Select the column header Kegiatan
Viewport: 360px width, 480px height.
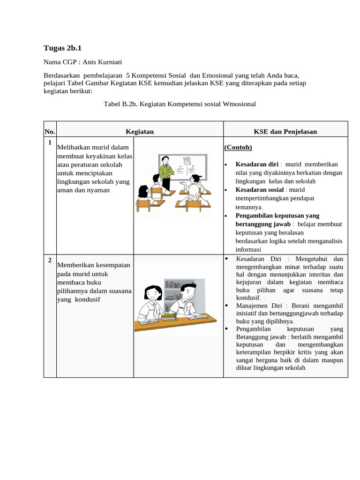tap(140, 132)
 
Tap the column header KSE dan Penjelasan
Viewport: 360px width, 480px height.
tap(285, 132)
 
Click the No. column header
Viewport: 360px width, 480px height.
tap(50, 132)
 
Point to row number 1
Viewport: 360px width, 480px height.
tap(50, 142)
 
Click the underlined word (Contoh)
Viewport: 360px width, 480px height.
tap(238, 148)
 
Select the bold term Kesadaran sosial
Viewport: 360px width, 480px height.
tap(260, 190)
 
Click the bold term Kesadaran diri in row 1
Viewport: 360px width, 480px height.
tap(257, 165)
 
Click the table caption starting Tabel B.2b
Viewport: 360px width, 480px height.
tap(180, 104)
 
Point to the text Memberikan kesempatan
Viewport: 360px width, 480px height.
tap(93, 265)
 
